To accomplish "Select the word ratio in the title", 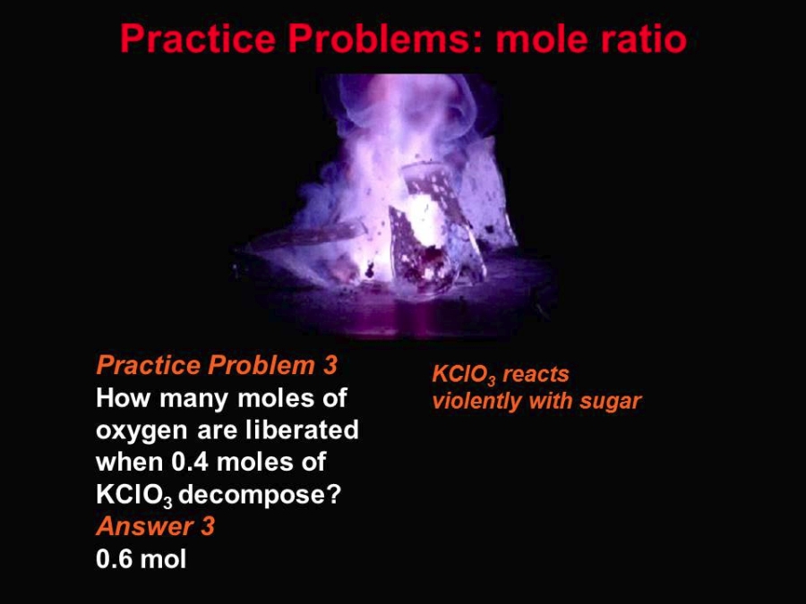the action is pyautogui.click(x=638, y=38).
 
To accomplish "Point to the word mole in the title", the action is pyautogui.click(x=536, y=38).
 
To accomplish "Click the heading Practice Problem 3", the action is pyautogui.click(x=217, y=365).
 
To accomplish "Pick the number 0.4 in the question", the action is pyautogui.click(x=189, y=461).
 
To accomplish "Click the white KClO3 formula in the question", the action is pyautogui.click(x=134, y=495).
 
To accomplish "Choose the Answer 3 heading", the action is pyautogui.click(x=155, y=526).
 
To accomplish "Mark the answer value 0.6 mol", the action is pyautogui.click(x=141, y=558).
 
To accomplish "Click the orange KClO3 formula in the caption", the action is pyautogui.click(x=464, y=375).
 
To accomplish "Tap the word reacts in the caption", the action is pyautogui.click(x=536, y=375).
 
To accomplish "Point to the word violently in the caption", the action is pyautogui.click(x=476, y=402).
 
